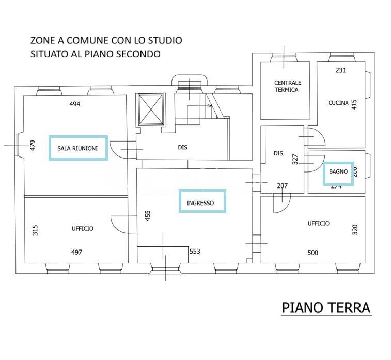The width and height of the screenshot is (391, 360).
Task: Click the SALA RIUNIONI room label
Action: coord(78,148)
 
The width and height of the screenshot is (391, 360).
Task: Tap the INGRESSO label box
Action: coord(202,201)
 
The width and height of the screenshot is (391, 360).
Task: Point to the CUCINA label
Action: coord(338,103)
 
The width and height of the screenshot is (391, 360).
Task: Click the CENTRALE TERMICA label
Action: coord(288,86)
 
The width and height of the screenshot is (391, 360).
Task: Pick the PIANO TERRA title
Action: coord(326,308)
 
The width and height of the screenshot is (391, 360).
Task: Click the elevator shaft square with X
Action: coord(151,109)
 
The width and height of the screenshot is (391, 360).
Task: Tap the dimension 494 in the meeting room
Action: coord(75,104)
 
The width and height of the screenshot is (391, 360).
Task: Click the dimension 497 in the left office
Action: coord(76,253)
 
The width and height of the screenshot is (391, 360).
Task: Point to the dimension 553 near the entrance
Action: coord(195,252)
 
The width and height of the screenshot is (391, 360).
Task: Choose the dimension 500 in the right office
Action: coord(312,253)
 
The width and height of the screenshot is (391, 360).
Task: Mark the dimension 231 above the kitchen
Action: coord(340,70)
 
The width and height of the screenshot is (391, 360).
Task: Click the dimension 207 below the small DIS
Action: coord(282,185)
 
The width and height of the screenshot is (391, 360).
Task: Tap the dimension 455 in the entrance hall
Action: coord(148,215)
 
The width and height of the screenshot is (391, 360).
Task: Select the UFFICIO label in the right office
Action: coord(318,224)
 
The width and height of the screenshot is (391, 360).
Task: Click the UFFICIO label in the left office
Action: coord(83,228)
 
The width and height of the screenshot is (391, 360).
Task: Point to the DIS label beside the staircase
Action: coord(182,147)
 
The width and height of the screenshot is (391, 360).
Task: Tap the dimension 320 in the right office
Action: coord(355,229)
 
